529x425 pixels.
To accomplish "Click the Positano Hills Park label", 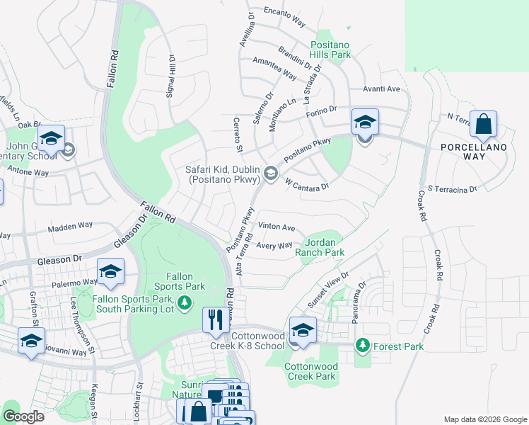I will (330, 49).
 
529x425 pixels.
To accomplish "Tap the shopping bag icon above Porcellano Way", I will (484, 125).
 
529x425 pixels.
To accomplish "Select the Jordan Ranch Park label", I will (320, 247).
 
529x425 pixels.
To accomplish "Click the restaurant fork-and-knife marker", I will (214, 319).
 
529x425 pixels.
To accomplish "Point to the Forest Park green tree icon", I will (363, 346).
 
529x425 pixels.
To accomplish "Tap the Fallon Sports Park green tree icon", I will (185, 303).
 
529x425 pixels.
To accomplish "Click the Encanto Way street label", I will (284, 17).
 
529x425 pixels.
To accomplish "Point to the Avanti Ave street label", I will (382, 89).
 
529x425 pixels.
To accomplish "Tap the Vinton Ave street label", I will (277, 227).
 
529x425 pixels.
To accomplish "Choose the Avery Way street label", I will (274, 246).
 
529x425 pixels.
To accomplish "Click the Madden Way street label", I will (70, 227).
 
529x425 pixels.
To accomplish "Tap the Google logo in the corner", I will (23, 416).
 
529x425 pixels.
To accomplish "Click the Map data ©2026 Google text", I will (484, 419).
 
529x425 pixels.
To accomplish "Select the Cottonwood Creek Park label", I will (310, 371).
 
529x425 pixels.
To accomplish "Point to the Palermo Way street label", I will (74, 281).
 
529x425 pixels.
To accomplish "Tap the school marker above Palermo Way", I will (110, 271).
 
